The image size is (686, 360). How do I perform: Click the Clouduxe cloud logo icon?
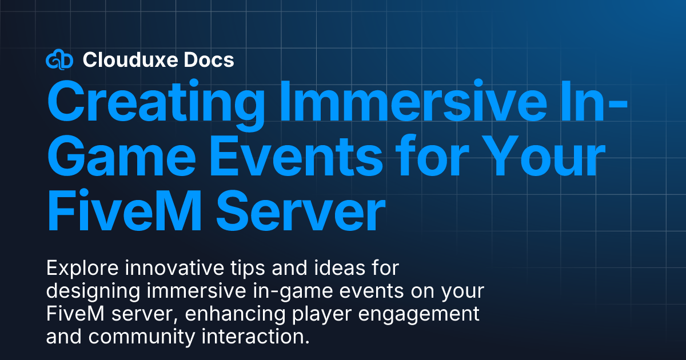(59, 59)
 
